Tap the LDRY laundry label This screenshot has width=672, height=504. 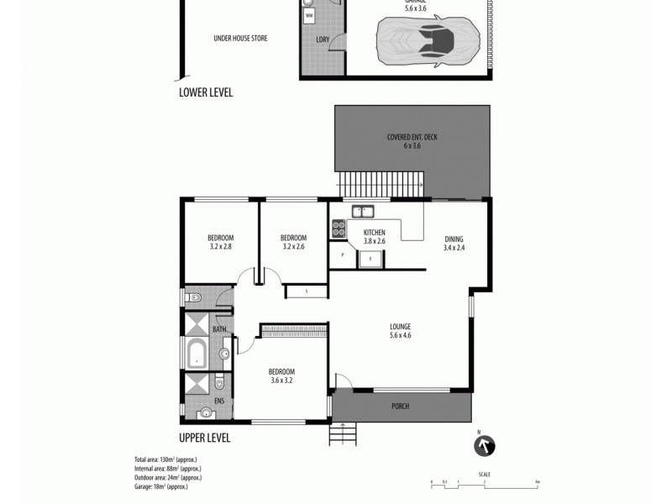323,39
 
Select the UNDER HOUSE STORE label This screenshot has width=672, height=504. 240,38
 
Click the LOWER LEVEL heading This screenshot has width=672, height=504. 206,92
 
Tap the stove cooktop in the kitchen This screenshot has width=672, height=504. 339,228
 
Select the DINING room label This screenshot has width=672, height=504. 454,242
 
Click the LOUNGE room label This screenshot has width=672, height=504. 400,331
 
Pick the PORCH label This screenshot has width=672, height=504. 401,407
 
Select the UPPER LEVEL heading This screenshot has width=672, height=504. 205,438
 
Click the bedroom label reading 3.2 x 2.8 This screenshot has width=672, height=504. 221,242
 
